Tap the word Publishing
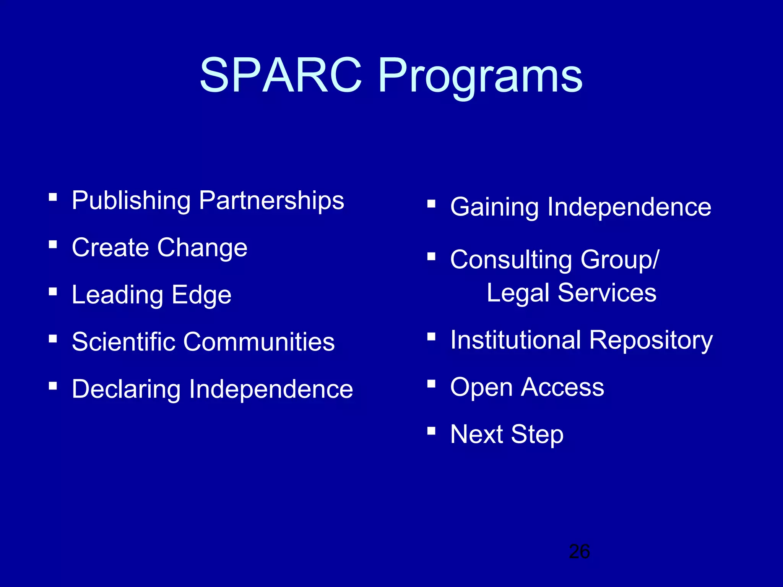tap(131, 201)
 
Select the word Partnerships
tap(271, 201)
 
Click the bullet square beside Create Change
tap(53, 244)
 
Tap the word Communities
tap(259, 342)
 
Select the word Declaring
tap(126, 390)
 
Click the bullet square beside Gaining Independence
tap(431, 204)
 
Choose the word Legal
tap(518, 293)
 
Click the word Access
tap(563, 387)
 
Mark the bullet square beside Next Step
tap(431, 431)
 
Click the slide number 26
tap(579, 551)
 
